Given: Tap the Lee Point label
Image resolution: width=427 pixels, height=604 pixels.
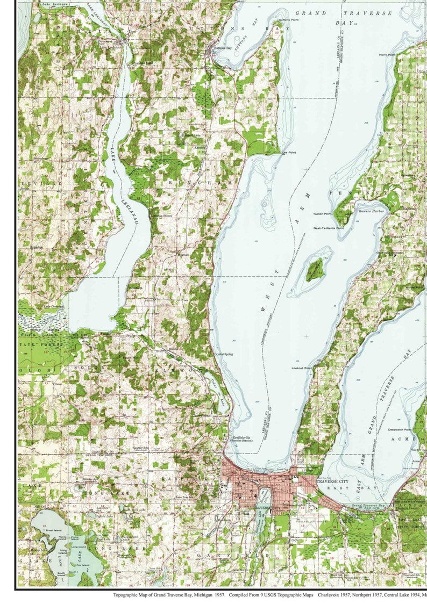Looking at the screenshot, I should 289,152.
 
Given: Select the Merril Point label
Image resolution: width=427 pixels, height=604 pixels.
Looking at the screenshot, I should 387,54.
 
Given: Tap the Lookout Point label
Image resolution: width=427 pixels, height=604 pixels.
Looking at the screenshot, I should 301,368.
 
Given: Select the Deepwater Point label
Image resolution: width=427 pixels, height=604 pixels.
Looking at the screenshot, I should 400,429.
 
